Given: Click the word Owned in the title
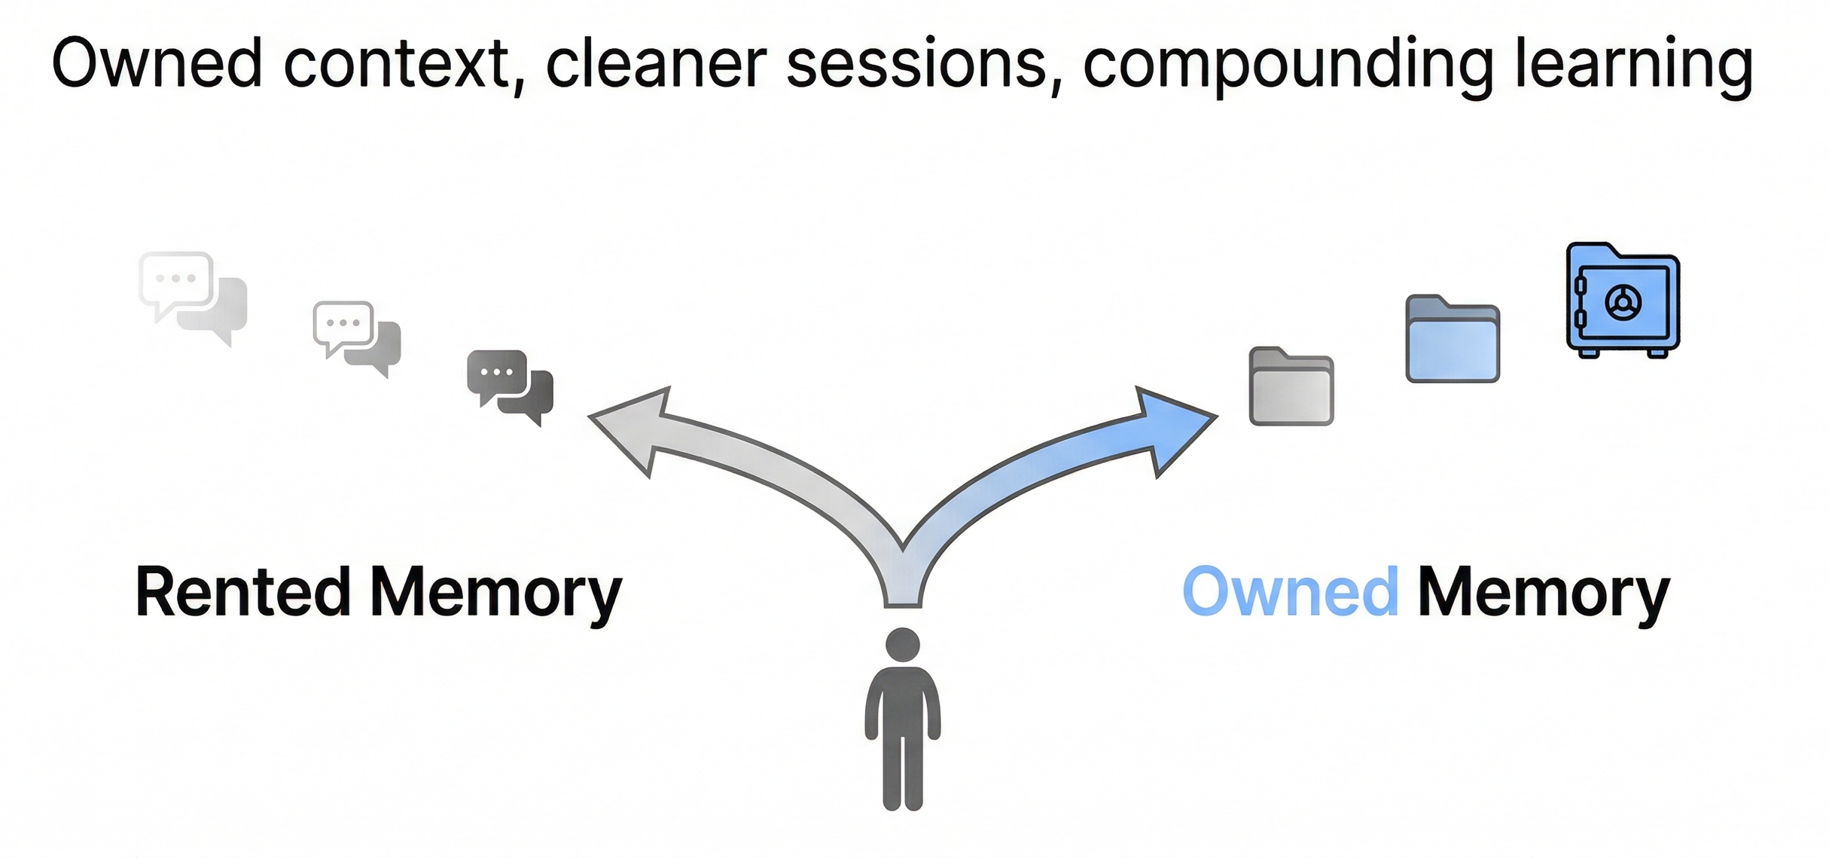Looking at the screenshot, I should [157, 64].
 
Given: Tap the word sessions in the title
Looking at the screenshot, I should [917, 64].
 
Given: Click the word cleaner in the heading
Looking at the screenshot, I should [656, 64].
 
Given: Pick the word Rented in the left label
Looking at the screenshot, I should [242, 593].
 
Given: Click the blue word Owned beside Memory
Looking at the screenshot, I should [1290, 593].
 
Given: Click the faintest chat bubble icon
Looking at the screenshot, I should [193, 296].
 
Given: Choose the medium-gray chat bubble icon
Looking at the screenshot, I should [356, 337].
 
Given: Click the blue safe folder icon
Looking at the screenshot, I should [1623, 300].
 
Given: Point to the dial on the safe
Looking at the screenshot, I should [1623, 303].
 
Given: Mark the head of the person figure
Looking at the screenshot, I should [902, 645].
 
